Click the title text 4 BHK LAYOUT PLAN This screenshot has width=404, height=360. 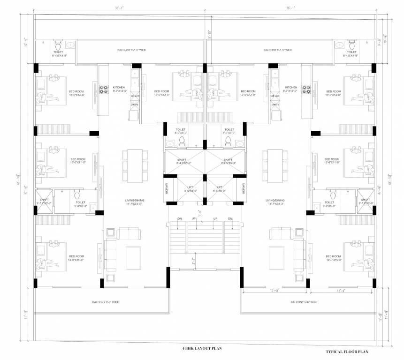tap(202, 348)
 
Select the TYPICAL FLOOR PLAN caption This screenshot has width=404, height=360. tap(347, 351)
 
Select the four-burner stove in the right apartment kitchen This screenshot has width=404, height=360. tap(306, 89)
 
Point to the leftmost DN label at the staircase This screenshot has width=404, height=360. tap(179, 219)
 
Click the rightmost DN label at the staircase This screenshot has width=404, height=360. tap(230, 219)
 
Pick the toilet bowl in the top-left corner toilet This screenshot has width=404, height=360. tap(58, 46)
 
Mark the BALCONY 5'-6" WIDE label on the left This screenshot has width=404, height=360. tap(106, 302)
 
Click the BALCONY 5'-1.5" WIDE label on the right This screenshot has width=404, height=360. tap(278, 50)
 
